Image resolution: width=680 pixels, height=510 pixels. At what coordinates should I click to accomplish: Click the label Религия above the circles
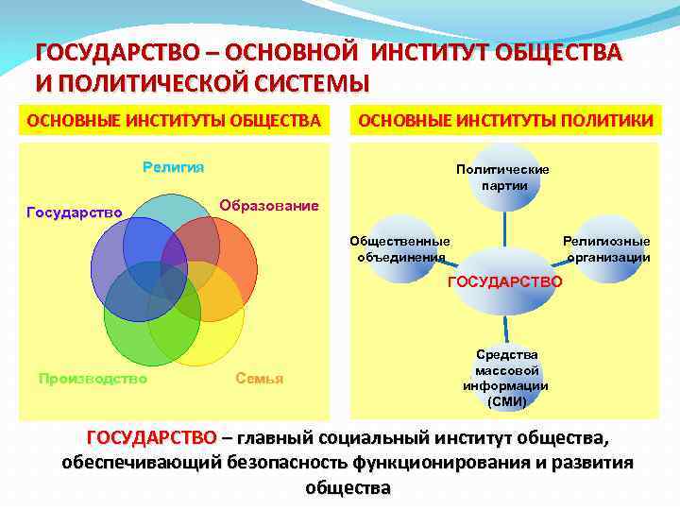173,168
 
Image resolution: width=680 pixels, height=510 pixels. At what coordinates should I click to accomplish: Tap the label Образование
269,206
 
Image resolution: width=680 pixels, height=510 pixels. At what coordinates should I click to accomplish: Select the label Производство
93,379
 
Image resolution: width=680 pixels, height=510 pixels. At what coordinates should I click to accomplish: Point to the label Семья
259,379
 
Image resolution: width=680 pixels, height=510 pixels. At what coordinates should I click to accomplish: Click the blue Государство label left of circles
74,212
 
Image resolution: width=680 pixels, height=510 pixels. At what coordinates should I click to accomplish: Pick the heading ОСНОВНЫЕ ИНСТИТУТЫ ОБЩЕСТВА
174,120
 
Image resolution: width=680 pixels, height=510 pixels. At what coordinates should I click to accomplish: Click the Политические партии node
502,177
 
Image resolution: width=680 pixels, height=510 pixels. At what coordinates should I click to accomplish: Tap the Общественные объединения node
399,249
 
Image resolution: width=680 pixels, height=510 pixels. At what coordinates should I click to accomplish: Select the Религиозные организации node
606,249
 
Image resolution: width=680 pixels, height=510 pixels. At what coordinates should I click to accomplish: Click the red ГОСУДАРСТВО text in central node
504,281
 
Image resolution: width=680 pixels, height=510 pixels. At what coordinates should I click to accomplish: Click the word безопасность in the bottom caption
283,464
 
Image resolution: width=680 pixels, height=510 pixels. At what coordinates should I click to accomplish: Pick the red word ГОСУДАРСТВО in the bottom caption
151,438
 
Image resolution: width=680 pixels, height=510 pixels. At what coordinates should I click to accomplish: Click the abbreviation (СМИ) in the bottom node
506,401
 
